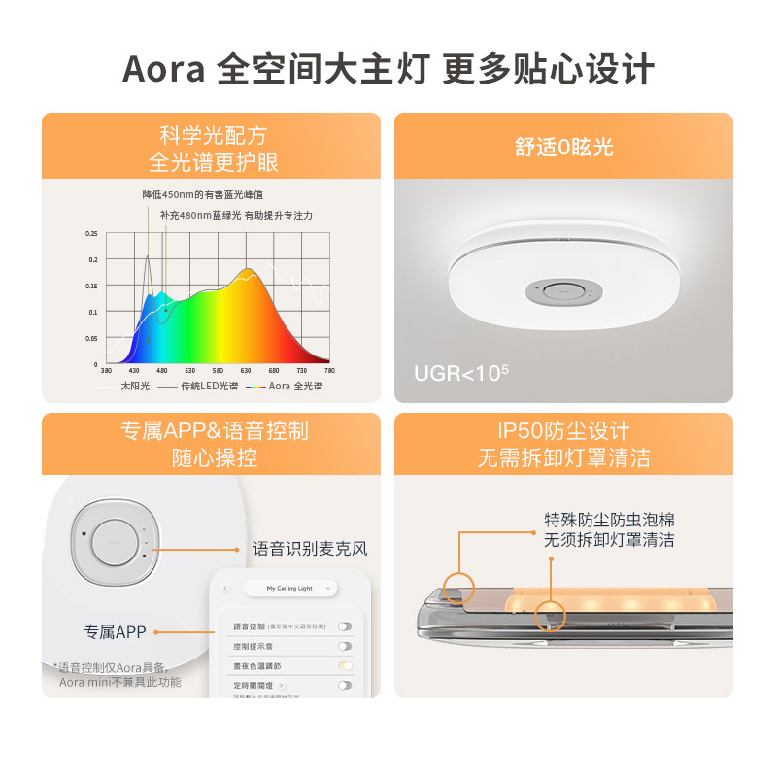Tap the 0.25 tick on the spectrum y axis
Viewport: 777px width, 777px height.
click(92, 234)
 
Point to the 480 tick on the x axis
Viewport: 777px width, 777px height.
click(162, 371)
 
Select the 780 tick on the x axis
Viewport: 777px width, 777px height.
click(329, 371)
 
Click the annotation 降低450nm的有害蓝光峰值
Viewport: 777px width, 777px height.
click(202, 194)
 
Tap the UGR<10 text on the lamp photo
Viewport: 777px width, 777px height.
click(461, 373)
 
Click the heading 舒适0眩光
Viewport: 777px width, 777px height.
click(563, 148)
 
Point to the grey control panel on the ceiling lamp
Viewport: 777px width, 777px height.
click(560, 291)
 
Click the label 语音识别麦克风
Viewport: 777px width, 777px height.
click(311, 549)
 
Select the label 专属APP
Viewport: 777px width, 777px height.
click(115, 632)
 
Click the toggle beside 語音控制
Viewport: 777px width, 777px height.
click(344, 626)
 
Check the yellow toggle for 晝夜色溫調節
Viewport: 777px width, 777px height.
click(344, 665)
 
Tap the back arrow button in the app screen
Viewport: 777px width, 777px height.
click(226, 588)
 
